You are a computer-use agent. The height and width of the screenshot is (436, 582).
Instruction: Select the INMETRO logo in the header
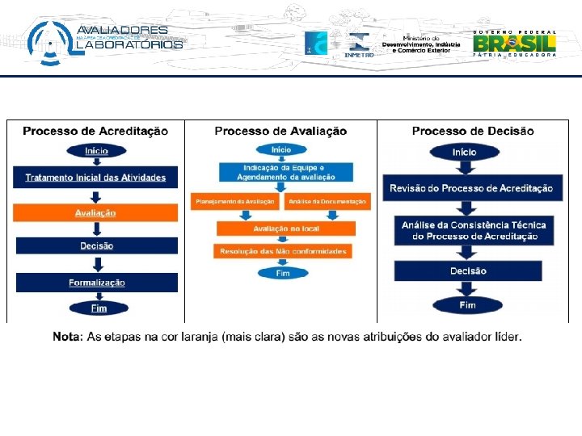pyautogui.click(x=358, y=44)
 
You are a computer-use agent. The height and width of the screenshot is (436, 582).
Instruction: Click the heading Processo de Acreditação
pyautogui.click(x=95, y=131)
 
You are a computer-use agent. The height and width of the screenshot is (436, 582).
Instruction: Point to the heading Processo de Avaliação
pyautogui.click(x=280, y=131)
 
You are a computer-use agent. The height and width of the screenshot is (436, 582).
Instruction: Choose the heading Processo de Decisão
pyautogui.click(x=473, y=131)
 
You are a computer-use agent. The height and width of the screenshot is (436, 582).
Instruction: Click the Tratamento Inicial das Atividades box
pyautogui.click(x=95, y=178)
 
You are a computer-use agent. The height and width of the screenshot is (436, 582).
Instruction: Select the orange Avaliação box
pyautogui.click(x=95, y=213)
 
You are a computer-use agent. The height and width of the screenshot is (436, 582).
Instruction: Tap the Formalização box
pyautogui.click(x=95, y=283)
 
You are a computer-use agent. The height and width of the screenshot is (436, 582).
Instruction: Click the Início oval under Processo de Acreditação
pyautogui.click(x=95, y=151)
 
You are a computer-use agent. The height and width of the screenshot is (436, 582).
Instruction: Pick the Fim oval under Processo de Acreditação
pyautogui.click(x=99, y=308)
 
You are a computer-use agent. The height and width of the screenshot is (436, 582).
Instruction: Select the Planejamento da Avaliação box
pyautogui.click(x=234, y=201)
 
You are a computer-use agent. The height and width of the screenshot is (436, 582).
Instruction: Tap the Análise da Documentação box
pyautogui.click(x=327, y=201)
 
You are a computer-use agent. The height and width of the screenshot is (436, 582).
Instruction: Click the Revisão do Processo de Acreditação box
pyautogui.click(x=471, y=188)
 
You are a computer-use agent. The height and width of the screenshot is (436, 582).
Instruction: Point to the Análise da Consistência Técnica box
pyautogui.click(x=474, y=230)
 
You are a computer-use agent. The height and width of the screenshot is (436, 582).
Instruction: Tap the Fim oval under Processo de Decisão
pyautogui.click(x=467, y=305)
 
